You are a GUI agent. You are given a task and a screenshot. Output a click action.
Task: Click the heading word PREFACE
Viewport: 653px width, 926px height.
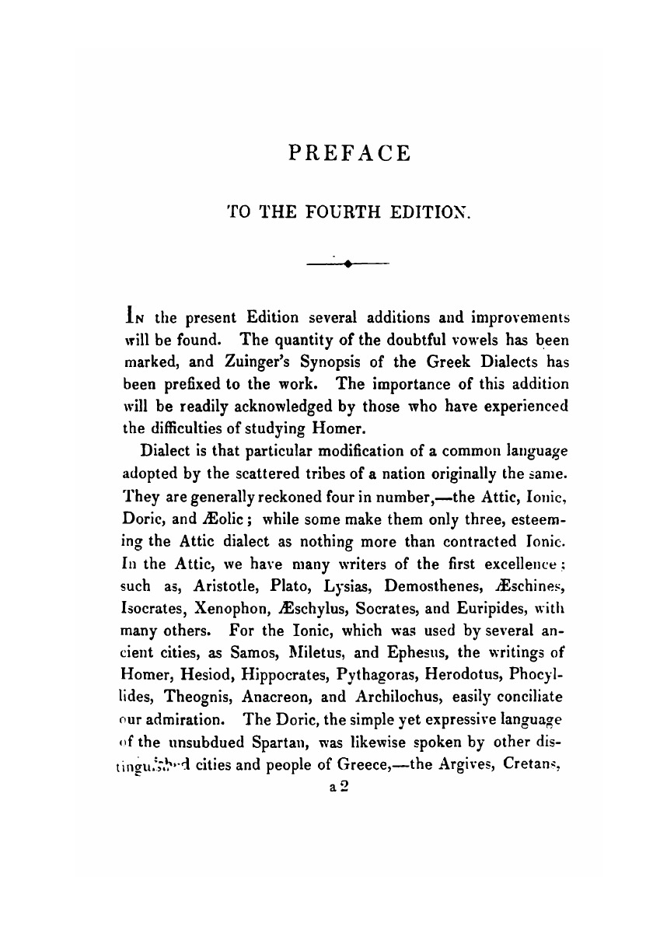349,152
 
